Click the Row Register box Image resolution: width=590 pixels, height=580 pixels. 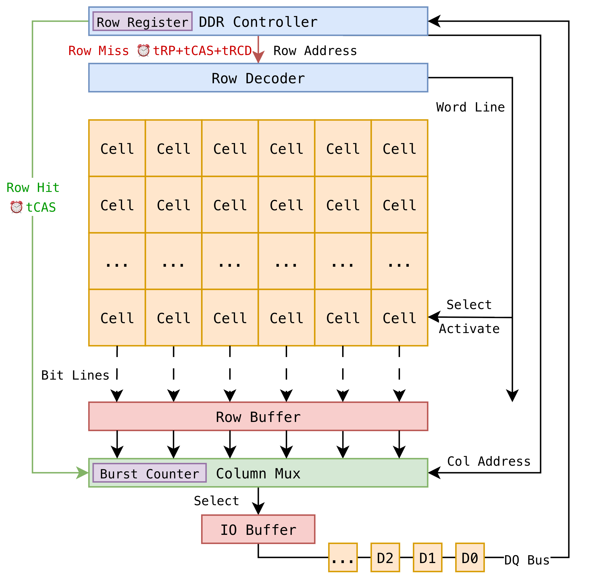coord(142,21)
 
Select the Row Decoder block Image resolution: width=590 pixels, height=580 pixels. coord(258,78)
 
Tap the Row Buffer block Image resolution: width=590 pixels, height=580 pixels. coord(258,416)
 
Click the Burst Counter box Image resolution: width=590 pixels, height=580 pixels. coord(149,473)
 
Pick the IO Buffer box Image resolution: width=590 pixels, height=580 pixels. coord(258,529)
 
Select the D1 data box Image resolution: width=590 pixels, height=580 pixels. coord(427,557)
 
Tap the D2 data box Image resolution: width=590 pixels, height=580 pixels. coord(385,557)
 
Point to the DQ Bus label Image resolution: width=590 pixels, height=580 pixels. coord(526,560)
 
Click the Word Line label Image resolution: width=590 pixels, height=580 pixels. coord(470,107)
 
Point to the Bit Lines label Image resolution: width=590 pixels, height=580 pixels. coord(75,375)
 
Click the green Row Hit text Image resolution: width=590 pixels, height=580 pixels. coord(33,187)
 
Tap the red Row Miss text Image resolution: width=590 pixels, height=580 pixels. coord(98,51)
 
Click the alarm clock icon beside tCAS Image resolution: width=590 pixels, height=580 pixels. coord(16,207)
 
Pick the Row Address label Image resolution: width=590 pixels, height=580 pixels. coord(315,51)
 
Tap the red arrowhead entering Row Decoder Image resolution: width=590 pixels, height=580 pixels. coord(258,58)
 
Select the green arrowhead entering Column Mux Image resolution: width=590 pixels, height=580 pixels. coord(82,473)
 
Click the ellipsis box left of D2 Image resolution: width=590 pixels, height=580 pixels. coord(342,557)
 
